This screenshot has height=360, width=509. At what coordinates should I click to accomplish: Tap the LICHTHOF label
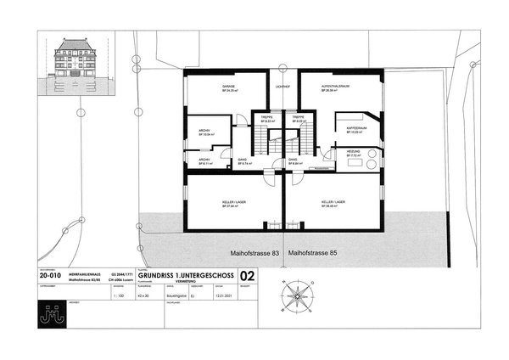pyautogui.click(x=283, y=87)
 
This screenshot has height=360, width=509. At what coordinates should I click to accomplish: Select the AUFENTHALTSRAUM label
pyautogui.click(x=337, y=86)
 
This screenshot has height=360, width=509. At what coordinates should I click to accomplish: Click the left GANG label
pyautogui.click(x=242, y=160)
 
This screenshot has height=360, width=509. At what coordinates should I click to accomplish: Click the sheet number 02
pyautogui.click(x=247, y=276)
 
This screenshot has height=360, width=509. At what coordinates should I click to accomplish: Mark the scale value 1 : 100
pyautogui.click(x=118, y=293)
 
